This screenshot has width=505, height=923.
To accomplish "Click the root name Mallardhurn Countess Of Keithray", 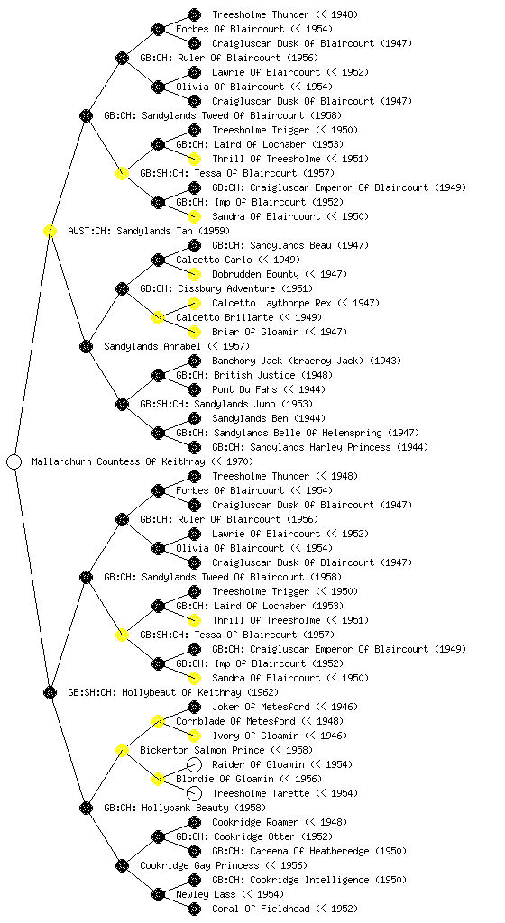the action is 118,461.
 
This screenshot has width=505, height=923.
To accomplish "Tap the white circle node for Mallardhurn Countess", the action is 14,461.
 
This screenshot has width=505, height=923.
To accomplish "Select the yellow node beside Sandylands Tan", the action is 50,231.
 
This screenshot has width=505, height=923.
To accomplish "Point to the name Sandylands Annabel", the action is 151,346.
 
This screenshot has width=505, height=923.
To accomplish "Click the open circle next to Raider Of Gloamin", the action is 194,764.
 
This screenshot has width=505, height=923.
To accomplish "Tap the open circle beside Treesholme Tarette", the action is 194,793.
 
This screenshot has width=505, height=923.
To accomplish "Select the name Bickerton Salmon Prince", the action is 202,750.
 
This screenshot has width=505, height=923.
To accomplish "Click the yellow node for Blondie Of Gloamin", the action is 158,779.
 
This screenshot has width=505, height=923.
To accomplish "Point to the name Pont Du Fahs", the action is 244,389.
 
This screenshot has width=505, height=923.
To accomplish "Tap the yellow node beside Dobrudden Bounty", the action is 194,274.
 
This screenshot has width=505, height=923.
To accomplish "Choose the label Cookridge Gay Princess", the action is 199,865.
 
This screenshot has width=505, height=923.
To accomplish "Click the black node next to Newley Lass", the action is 158,894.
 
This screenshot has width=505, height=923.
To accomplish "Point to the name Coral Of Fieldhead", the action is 261,909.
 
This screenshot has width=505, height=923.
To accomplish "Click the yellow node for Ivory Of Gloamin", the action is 194,736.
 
